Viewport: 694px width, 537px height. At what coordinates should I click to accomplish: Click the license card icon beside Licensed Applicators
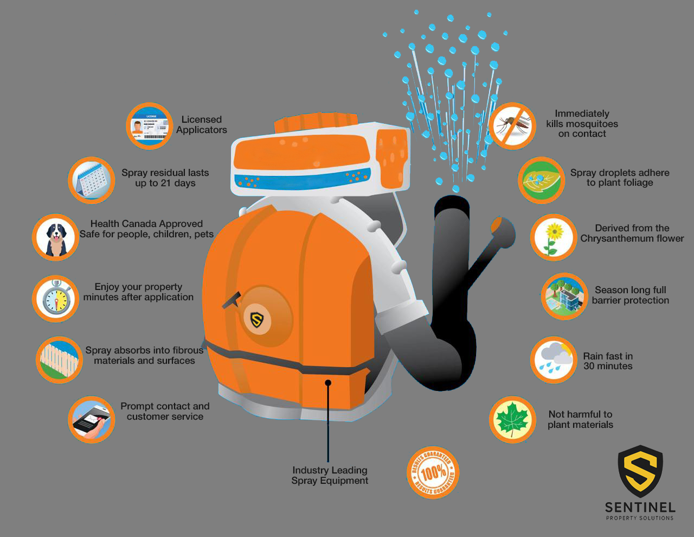pos(149,126)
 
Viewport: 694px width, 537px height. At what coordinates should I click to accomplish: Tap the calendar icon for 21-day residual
pos(91,180)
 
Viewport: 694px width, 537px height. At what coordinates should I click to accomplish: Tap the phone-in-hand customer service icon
pos(92,419)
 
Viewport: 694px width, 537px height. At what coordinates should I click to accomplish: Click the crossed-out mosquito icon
pos(512,126)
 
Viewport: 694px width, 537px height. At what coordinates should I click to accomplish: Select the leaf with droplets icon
pos(541,180)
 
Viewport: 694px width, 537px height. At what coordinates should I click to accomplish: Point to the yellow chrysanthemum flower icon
pos(553,237)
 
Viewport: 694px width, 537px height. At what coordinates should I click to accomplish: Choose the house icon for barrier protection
pos(564,296)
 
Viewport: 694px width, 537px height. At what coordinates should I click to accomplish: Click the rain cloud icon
pos(553,359)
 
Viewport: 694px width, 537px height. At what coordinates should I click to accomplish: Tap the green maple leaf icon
pos(512,419)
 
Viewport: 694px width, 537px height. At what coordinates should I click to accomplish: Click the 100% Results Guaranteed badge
pos(433,472)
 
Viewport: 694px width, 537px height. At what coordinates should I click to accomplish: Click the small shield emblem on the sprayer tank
pos(256,319)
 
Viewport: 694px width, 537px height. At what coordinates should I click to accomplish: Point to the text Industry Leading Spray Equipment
pos(330,476)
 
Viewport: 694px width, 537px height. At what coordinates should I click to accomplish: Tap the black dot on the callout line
pos(328,383)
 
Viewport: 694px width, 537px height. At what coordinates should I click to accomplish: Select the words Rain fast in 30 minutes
pos(608,361)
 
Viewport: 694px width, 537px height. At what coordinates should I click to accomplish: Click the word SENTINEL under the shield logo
pos(640,508)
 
